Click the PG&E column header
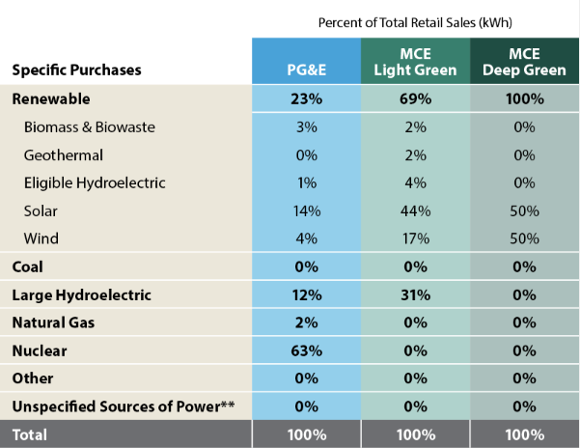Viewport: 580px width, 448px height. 306,70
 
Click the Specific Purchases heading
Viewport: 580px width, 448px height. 76,70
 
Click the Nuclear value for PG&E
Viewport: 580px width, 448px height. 306,350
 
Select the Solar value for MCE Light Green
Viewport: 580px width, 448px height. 415,210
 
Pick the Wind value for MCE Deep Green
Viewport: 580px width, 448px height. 524,238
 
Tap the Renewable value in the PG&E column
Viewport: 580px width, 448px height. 306,98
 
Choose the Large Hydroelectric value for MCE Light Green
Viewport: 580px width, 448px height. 415,294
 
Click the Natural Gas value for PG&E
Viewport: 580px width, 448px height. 306,322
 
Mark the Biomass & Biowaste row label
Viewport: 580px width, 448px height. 90,126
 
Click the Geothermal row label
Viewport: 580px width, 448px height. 65,154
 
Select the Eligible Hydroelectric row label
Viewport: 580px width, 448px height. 96,182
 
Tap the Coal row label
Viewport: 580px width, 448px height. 28,266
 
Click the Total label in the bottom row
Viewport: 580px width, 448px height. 30,434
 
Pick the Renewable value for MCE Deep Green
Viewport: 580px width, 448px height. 524,98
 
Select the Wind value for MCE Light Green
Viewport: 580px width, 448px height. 415,238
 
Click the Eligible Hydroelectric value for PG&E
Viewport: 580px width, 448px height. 306,182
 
